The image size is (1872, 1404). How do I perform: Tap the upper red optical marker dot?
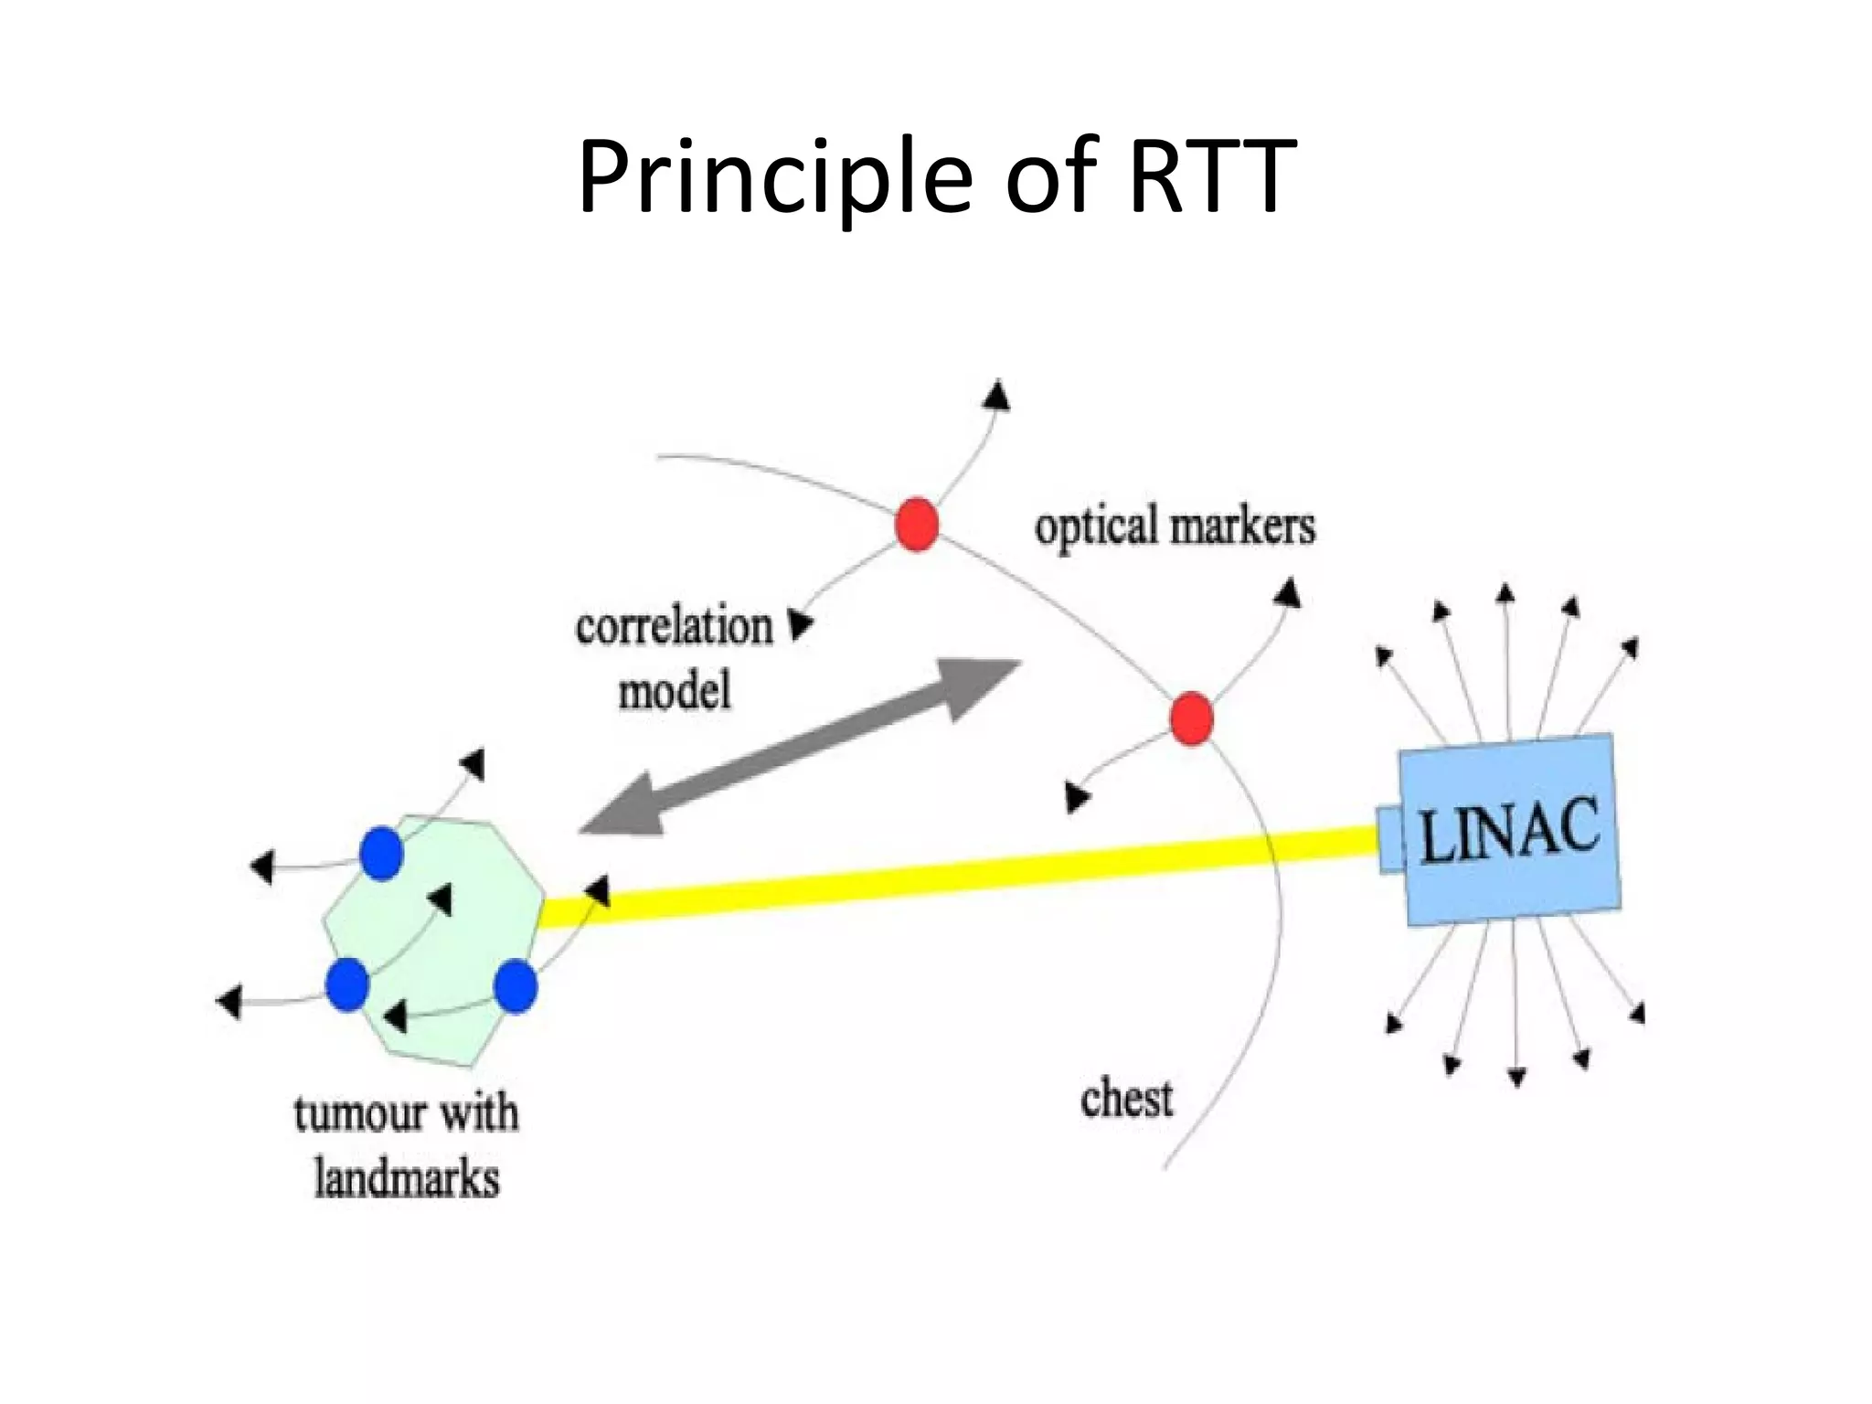tap(916, 525)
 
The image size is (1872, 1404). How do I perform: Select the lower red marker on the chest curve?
tap(1191, 718)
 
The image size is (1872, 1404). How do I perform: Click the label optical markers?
tap(1175, 527)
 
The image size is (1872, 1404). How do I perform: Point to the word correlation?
tap(674, 628)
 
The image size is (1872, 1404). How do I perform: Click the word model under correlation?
tap(675, 690)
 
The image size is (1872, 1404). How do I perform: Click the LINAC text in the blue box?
tap(1509, 830)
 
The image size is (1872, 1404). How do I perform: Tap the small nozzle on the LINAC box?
tap(1390, 839)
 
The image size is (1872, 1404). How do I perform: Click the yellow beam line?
tap(960, 873)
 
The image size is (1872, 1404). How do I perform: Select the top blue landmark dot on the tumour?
tap(381, 853)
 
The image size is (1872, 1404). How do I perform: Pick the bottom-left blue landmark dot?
tap(347, 984)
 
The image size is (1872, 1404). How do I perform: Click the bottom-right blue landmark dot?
tap(515, 986)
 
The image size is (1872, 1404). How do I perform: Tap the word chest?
tap(1126, 1098)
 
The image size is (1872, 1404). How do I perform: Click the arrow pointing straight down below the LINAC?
tap(1516, 1077)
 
